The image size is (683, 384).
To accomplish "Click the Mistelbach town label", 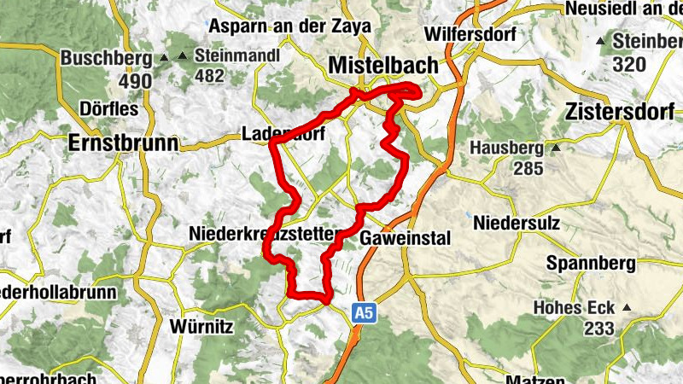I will point(382,66).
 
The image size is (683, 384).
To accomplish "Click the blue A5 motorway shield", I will point(365,314).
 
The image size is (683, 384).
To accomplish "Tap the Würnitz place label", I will point(201,325).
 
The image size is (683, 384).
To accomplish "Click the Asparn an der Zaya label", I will point(289,26).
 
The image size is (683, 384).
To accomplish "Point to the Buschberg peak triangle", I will point(164,59).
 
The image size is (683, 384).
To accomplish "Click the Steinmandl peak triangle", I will point(182,57).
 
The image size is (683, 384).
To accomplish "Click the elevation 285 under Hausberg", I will point(528,168).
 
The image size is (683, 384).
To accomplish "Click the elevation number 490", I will point(136,82).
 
